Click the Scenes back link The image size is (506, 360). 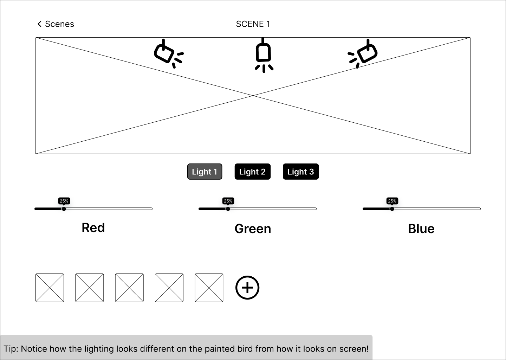pos(56,24)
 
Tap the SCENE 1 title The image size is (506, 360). pos(253,24)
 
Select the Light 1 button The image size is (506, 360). pos(205,172)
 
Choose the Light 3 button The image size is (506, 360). pos(301,172)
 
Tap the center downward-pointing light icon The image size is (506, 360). pos(264,55)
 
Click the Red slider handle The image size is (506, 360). pos(64,209)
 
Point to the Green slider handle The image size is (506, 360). pos(228,209)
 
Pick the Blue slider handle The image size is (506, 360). pos(392,209)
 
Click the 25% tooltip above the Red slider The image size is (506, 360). pos(64,201)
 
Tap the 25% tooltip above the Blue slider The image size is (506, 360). pos(392,201)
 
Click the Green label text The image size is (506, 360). pos(253,229)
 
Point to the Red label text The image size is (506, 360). pos(93,227)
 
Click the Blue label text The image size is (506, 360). pos(421,229)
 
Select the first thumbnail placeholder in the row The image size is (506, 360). pos(50,288)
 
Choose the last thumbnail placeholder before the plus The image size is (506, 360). pos(209,288)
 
